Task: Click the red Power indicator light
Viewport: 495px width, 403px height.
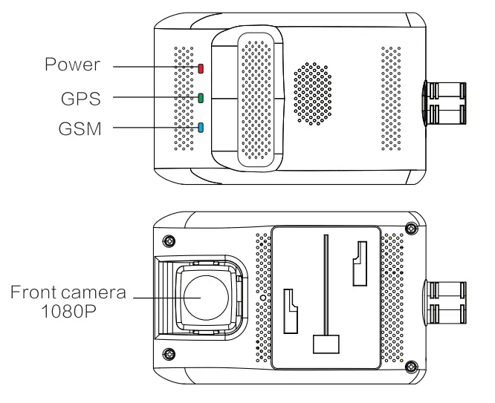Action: coord(201,69)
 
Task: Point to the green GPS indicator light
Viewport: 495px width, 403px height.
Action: coord(201,97)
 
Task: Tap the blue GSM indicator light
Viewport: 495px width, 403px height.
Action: coord(201,127)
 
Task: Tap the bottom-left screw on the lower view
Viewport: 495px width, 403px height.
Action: coord(171,352)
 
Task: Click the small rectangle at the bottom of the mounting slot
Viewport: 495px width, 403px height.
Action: coord(326,344)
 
